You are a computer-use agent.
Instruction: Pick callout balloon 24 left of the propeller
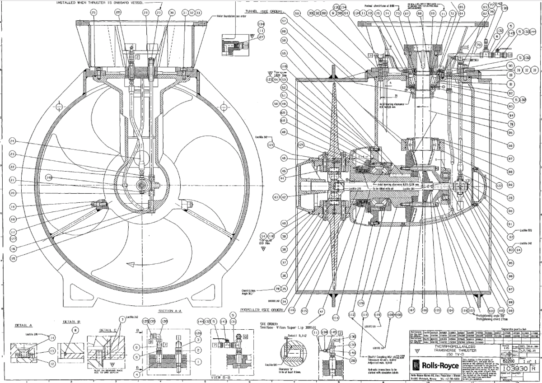click(x=11, y=140)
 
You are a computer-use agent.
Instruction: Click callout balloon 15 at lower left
click(x=13, y=258)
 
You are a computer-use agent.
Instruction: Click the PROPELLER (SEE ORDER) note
click(x=262, y=310)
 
